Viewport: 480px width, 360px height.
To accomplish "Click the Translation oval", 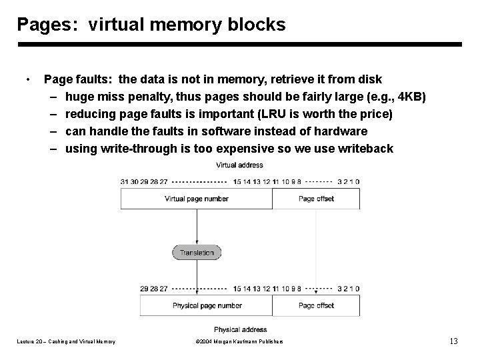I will coord(197,253).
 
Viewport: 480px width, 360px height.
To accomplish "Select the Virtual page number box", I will coord(196,199).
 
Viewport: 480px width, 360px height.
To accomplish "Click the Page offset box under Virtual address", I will coord(316,199).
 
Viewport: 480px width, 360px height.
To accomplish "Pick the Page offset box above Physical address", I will coord(316,305).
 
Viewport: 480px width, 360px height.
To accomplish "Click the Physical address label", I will coord(240,329).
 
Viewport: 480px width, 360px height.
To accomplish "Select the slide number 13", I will coord(453,341).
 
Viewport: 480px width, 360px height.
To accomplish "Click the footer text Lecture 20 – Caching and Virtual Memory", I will coord(66,342).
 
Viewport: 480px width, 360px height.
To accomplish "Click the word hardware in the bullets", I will coord(339,131).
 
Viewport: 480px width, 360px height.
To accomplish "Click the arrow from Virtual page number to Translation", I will coord(197,227).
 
